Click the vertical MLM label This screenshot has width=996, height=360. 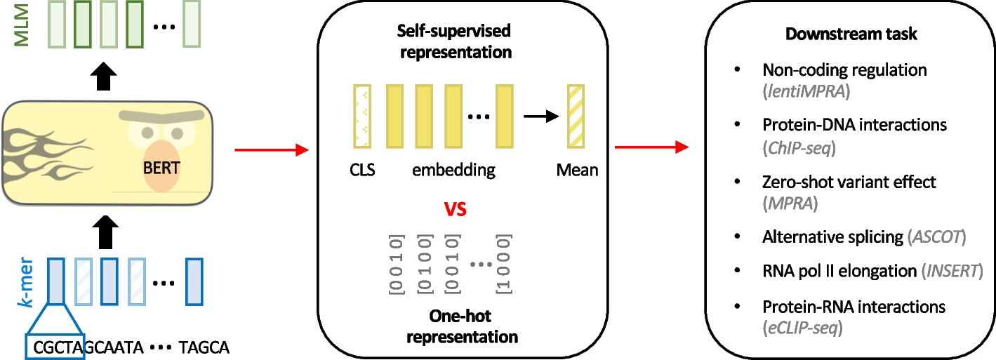[22, 25]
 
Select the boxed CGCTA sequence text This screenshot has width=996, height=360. [55, 347]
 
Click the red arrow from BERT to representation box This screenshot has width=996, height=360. [270, 149]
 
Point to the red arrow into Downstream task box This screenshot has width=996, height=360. [650, 147]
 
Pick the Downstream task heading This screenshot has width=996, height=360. [851, 34]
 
